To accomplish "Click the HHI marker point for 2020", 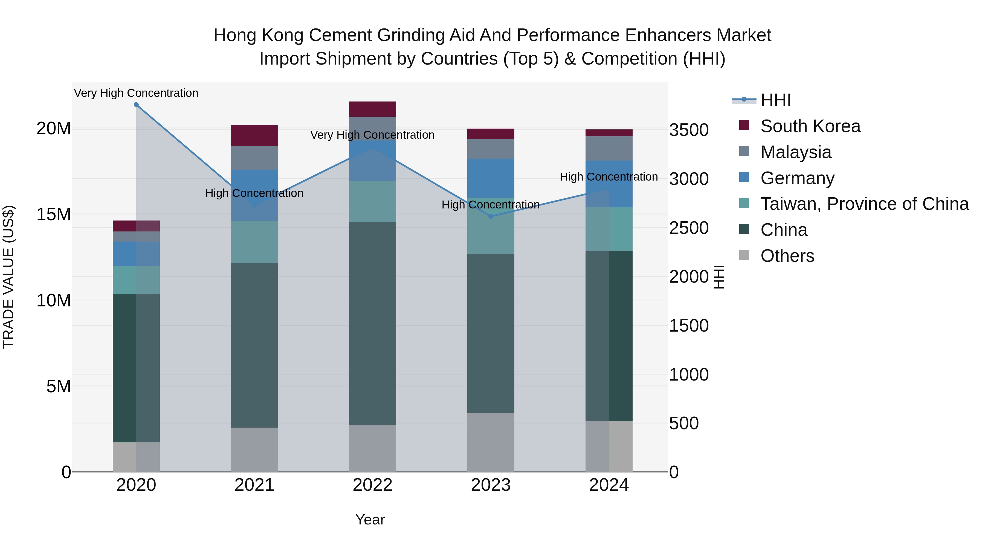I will pyautogui.click(x=136, y=105).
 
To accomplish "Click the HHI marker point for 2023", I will pyautogui.click(x=491, y=216).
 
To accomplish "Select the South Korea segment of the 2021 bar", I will pyautogui.click(x=254, y=135).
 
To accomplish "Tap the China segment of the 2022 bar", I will pyautogui.click(x=372, y=323).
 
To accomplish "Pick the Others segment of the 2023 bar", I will pyautogui.click(x=491, y=442).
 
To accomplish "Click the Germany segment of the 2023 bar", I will pyautogui.click(x=491, y=178).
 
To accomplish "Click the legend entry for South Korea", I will pyautogui.click(x=810, y=126).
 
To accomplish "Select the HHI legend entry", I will pyautogui.click(x=775, y=100).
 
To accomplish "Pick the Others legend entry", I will pyautogui.click(x=787, y=256).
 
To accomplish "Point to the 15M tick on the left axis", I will pyautogui.click(x=54, y=214).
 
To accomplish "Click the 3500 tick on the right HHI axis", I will pyautogui.click(x=689, y=130).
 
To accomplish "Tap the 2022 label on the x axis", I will pyautogui.click(x=372, y=485).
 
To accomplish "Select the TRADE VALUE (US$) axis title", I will pyautogui.click(x=8, y=277).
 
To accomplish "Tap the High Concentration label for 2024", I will pyautogui.click(x=609, y=177).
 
